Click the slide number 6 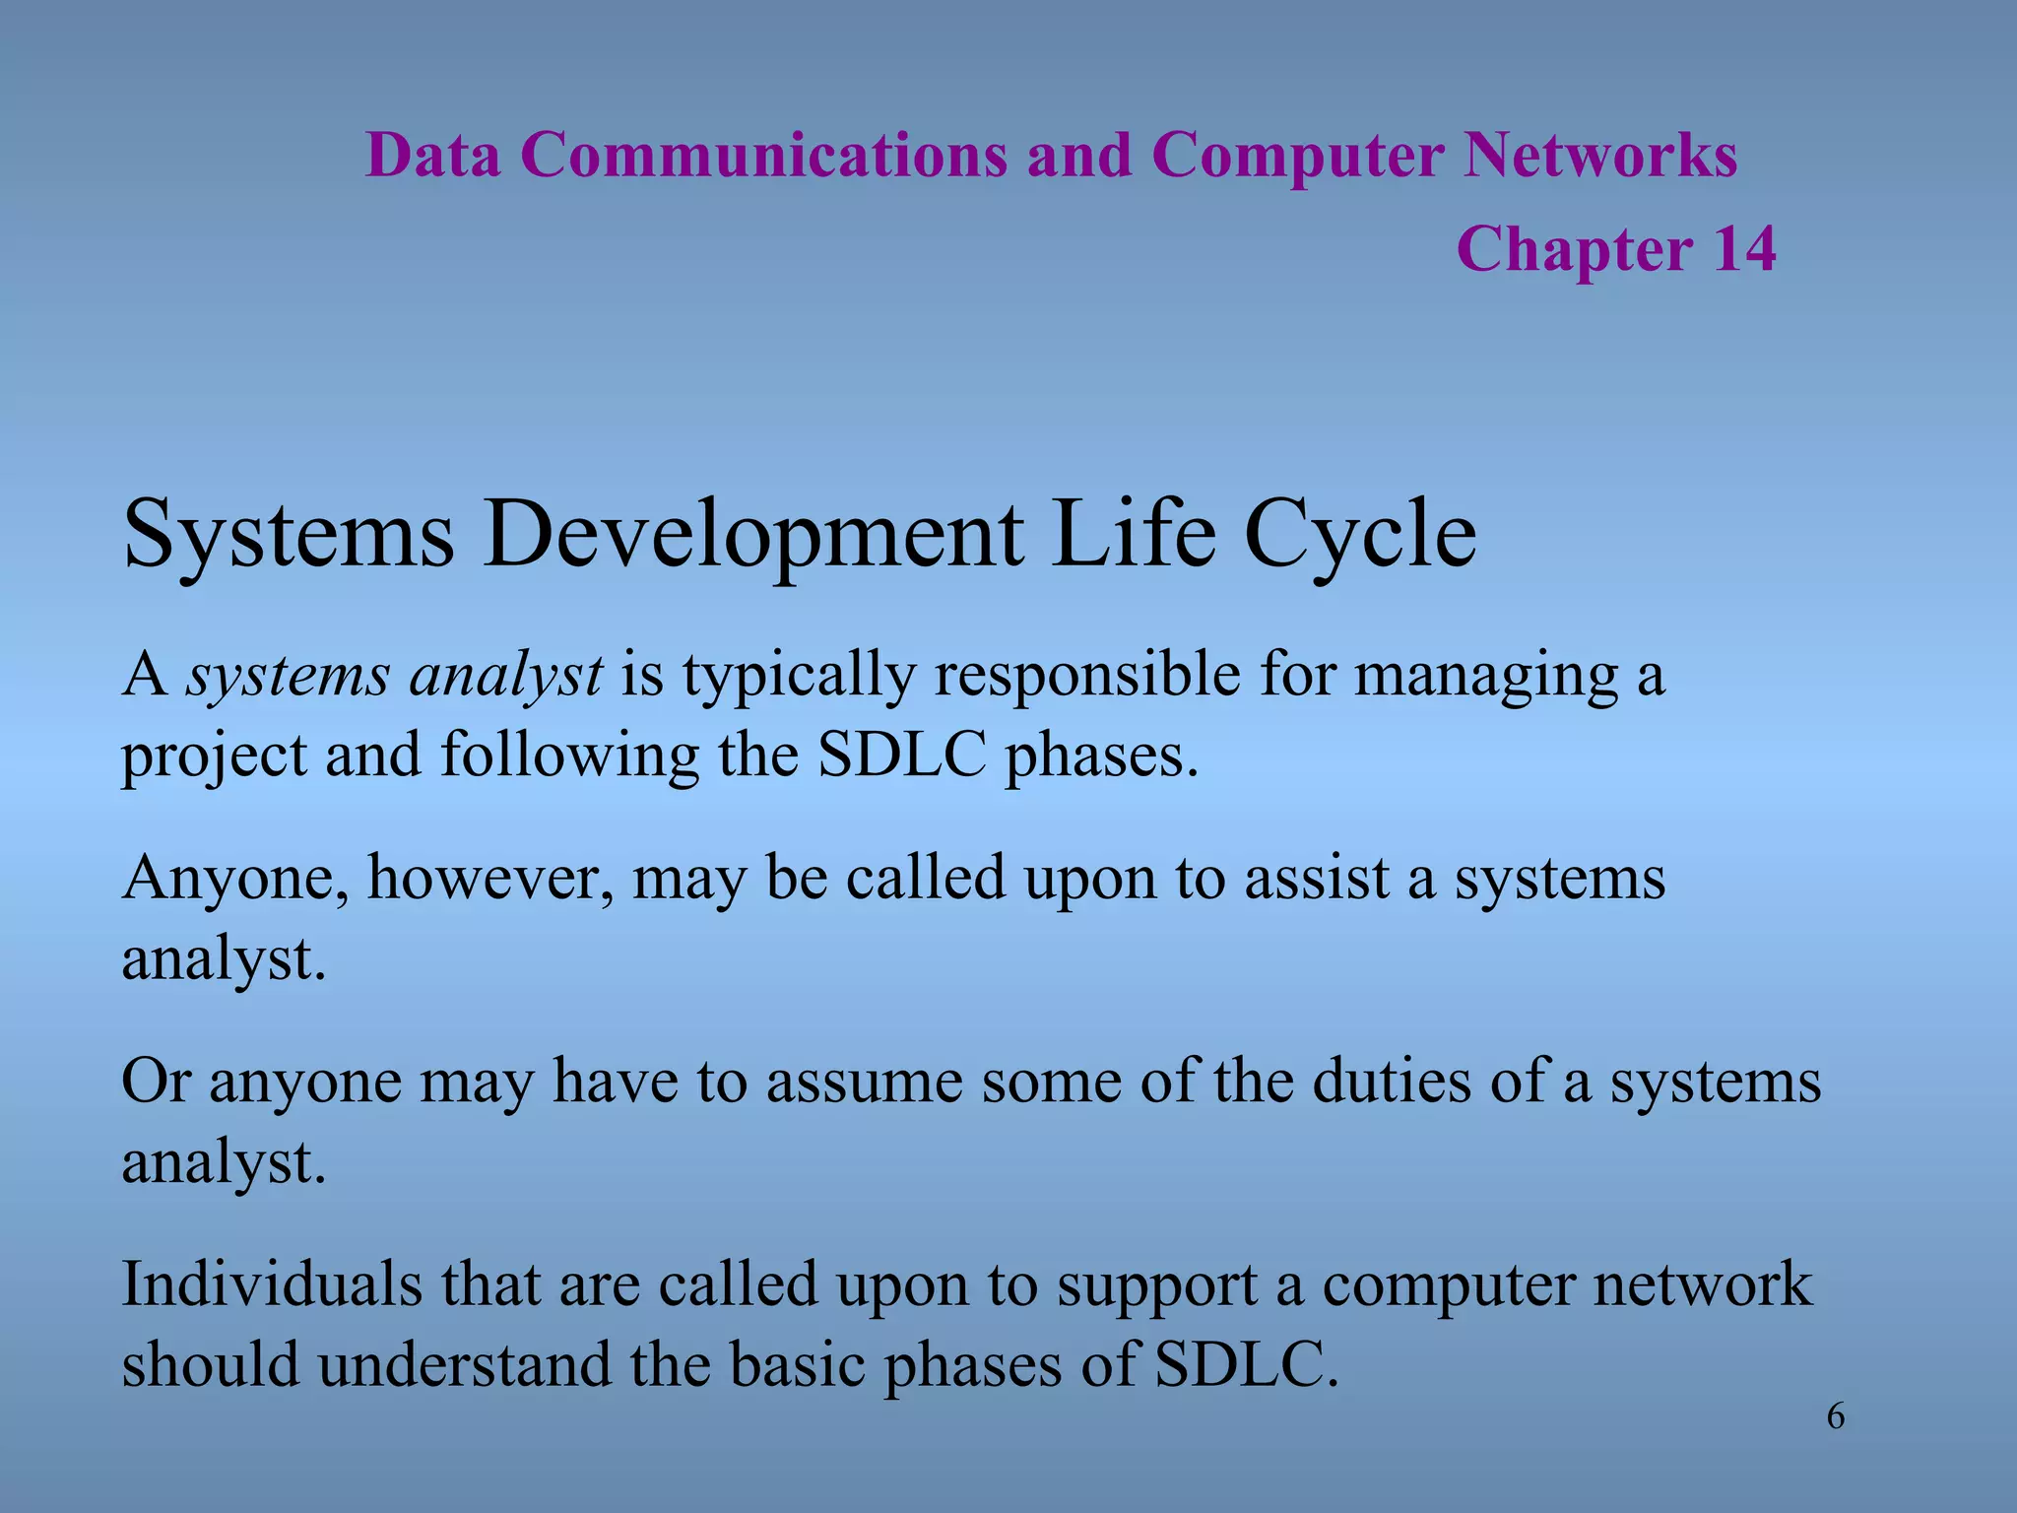coord(1835,1417)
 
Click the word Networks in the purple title coord(1599,156)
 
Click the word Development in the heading coord(753,534)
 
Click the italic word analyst coord(505,678)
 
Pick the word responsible coord(1087,678)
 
